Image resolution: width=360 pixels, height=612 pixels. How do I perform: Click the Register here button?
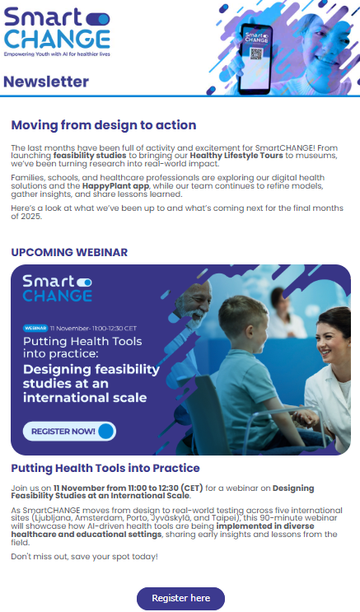pyautogui.click(x=180, y=598)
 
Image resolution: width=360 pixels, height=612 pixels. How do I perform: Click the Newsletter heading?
pyautogui.click(x=46, y=82)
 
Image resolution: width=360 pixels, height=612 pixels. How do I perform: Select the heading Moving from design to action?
pyautogui.click(x=104, y=125)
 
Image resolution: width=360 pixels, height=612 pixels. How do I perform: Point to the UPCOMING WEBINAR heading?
pyautogui.click(x=69, y=251)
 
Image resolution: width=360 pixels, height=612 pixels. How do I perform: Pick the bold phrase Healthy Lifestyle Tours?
pyautogui.click(x=236, y=154)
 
